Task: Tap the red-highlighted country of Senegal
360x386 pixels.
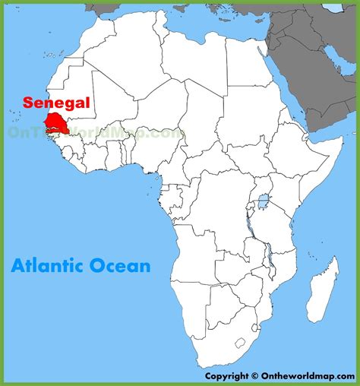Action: [55, 122]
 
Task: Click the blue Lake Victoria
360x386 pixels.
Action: [264, 203]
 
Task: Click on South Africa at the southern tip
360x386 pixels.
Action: [220, 334]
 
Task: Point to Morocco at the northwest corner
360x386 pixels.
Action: [91, 42]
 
